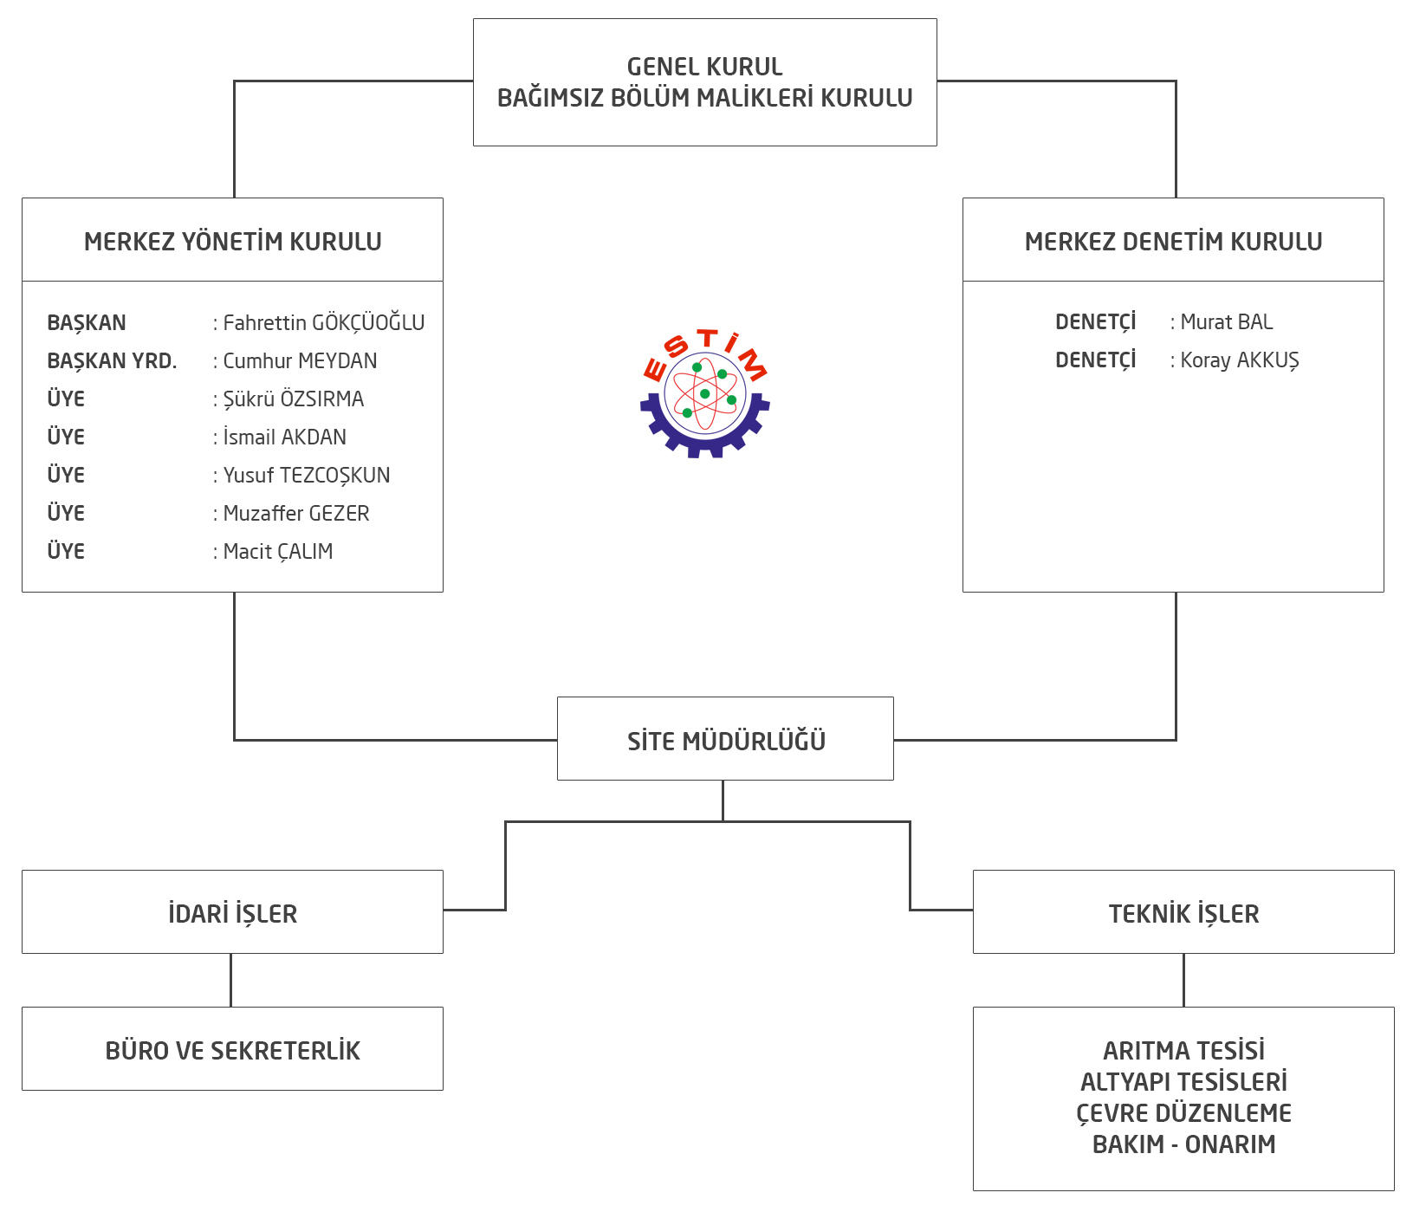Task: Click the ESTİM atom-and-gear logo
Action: [705, 394]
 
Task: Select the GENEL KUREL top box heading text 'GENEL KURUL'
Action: [704, 67]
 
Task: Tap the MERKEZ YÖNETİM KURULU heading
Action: [232, 242]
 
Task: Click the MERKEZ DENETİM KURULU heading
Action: [1173, 242]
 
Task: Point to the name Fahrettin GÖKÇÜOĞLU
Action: [324, 323]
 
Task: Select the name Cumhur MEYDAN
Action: [300, 361]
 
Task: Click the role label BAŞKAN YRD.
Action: [112, 361]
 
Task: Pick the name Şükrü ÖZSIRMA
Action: [294, 399]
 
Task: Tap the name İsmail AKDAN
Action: [284, 437]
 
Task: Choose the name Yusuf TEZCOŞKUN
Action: [307, 476]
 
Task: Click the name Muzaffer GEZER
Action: [296, 514]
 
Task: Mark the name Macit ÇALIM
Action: [278, 552]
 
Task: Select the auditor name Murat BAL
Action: [1227, 322]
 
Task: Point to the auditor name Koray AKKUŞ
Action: [1240, 360]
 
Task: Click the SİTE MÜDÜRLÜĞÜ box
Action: [725, 741]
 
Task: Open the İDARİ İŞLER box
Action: [232, 913]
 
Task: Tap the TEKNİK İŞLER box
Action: [1183, 913]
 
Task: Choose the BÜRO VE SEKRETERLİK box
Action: [232, 1050]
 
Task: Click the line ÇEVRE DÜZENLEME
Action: [1183, 1113]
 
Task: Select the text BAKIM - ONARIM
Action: [1183, 1144]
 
